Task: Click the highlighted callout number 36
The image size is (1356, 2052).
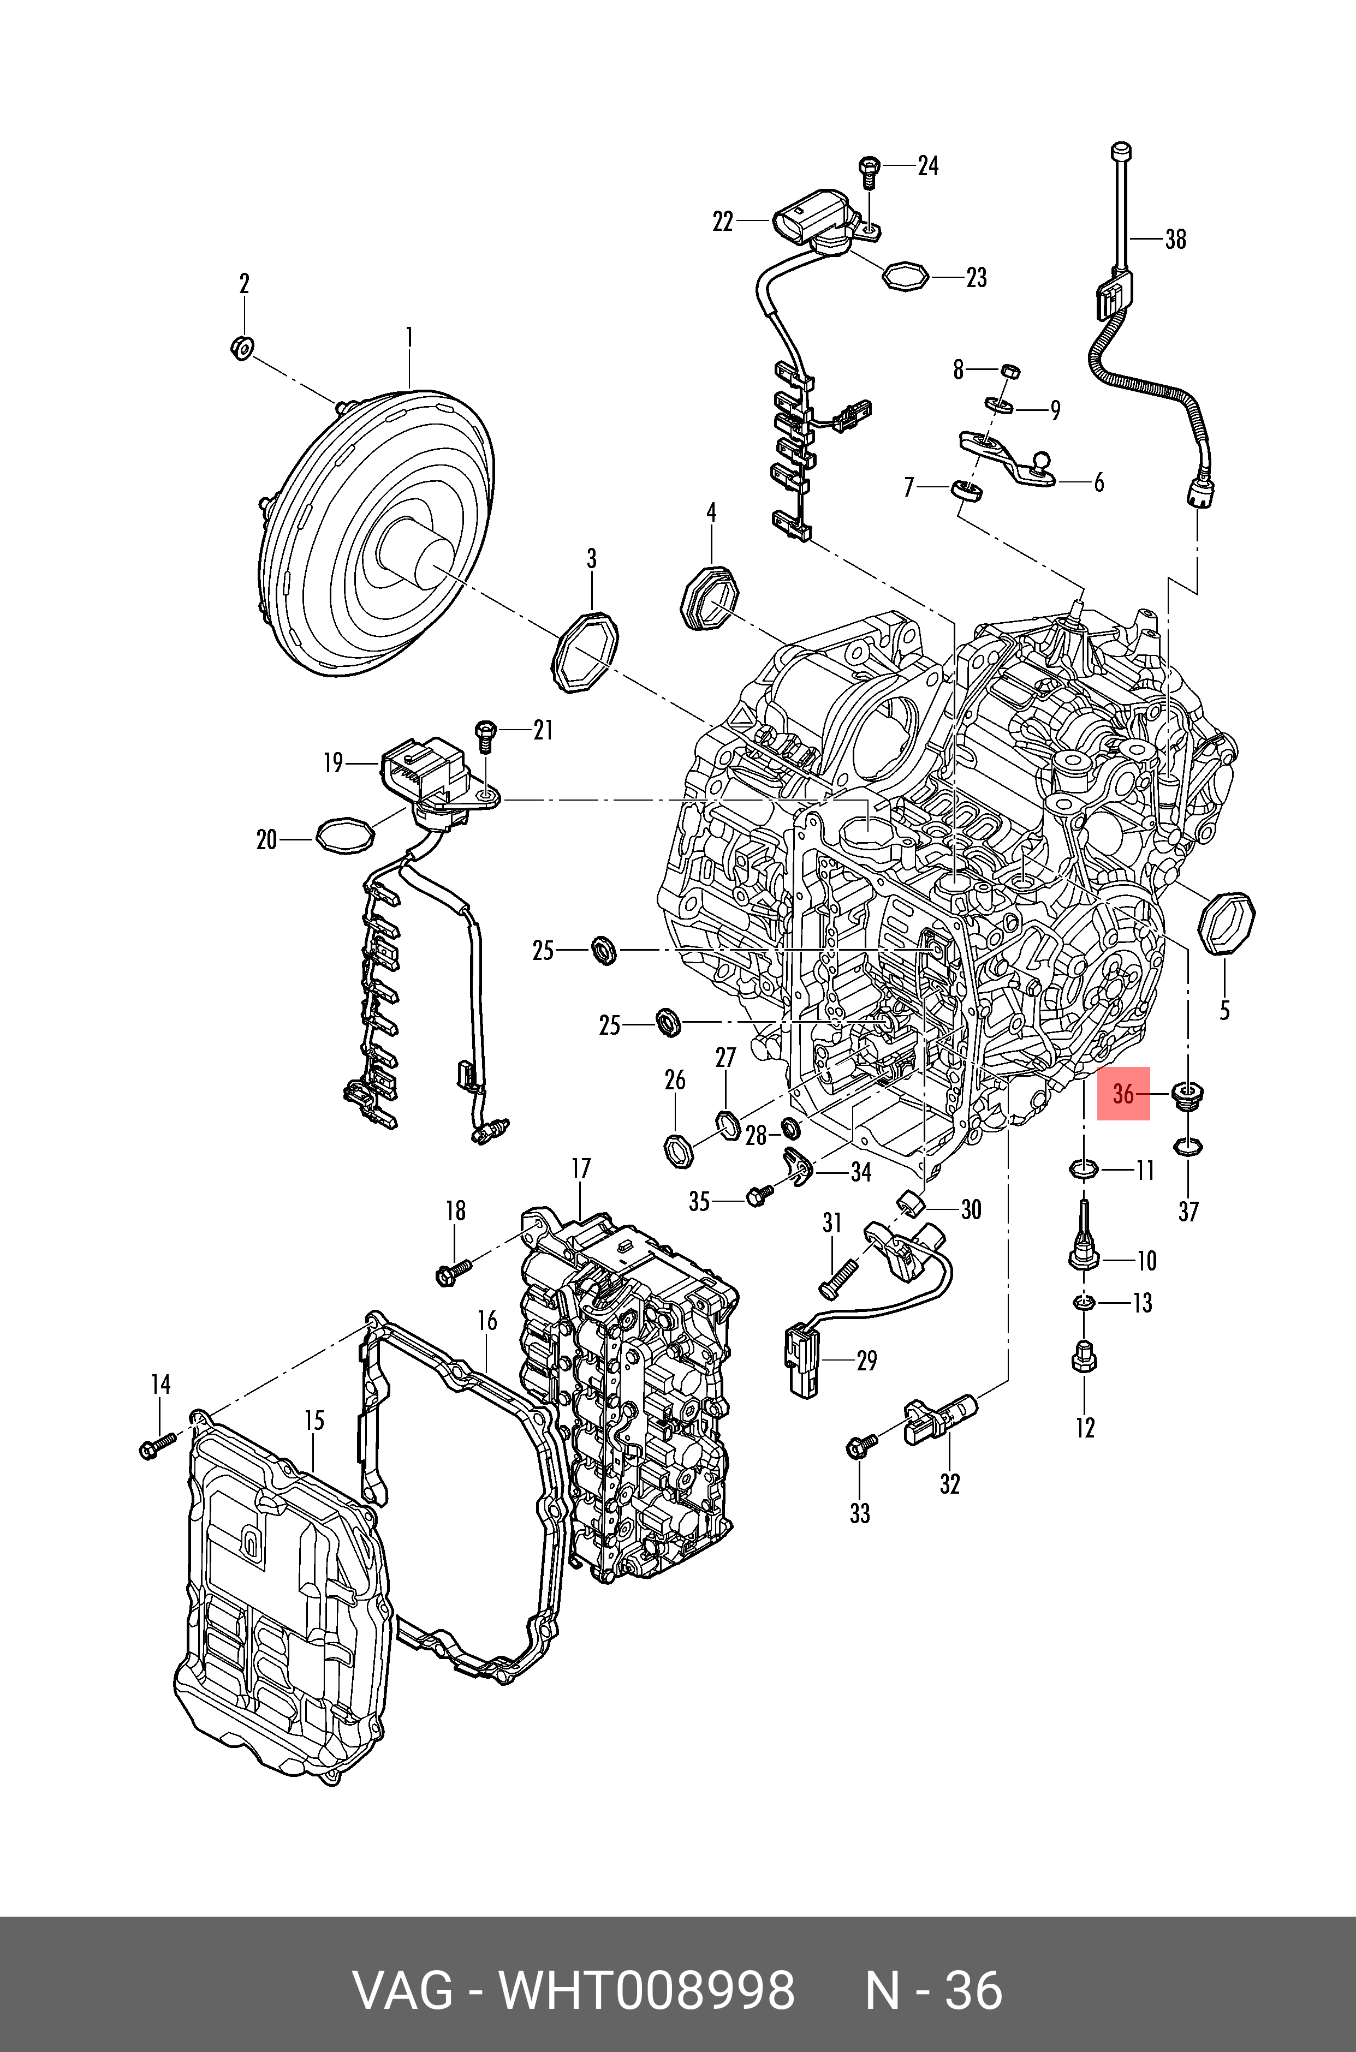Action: pos(1122,1094)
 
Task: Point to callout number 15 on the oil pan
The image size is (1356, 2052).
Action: pos(314,1420)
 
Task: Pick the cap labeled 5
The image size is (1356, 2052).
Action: pos(1226,924)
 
